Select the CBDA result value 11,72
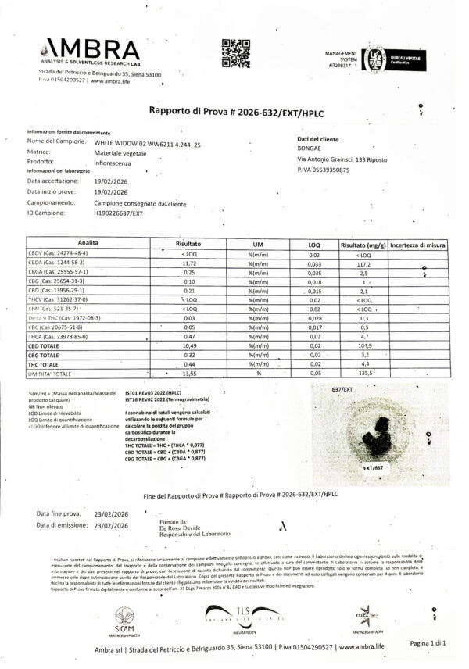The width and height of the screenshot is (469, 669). coord(184,264)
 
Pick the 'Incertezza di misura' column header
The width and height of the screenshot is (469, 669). coord(418,245)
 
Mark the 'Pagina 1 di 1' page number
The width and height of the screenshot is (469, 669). coord(428,643)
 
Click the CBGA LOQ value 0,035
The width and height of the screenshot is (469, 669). coord(315,274)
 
